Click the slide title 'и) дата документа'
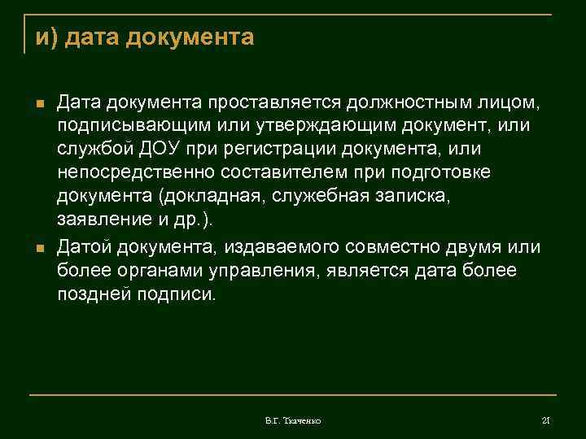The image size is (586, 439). (145, 37)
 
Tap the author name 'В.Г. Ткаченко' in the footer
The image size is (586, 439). (293, 420)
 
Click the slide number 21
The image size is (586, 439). (546, 420)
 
